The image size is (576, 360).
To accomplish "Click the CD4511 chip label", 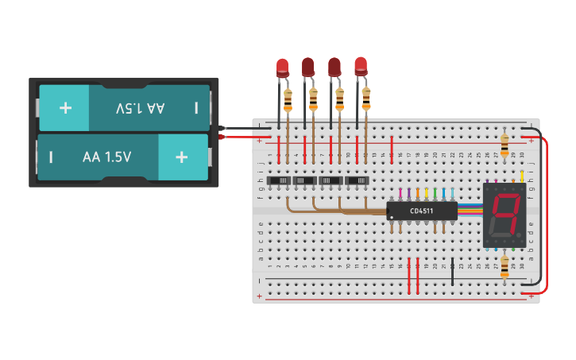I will pyautogui.click(x=422, y=211).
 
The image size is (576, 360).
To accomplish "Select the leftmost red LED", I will pyautogui.click(x=282, y=68).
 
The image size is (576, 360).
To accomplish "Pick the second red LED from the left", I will pyautogui.click(x=308, y=68).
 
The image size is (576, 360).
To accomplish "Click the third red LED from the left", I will pyautogui.click(x=334, y=68).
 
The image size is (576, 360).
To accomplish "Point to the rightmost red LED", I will pyautogui.click(x=361, y=66).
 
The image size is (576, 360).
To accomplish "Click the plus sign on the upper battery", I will pyautogui.click(x=66, y=106).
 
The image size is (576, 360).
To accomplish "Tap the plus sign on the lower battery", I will pyautogui.click(x=181, y=157).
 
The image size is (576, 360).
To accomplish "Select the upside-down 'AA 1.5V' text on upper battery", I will pyautogui.click(x=140, y=107).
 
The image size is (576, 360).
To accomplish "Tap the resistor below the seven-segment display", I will pyautogui.click(x=504, y=265).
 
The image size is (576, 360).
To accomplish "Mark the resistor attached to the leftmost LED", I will pyautogui.click(x=288, y=100).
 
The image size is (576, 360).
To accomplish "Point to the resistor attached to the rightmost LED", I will pyautogui.click(x=366, y=99).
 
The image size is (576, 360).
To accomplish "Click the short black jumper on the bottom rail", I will pyautogui.click(x=453, y=271).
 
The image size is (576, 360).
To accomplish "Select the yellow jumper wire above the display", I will pyautogui.click(x=521, y=176).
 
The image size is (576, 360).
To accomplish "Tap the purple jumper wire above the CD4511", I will pyautogui.click(x=409, y=194).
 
